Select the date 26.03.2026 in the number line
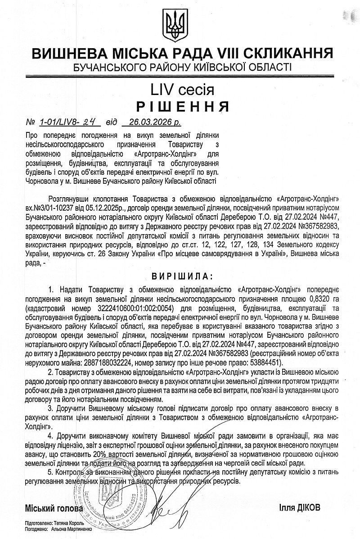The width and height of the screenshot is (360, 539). [147, 122]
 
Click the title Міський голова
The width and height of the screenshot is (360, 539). [54, 508]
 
